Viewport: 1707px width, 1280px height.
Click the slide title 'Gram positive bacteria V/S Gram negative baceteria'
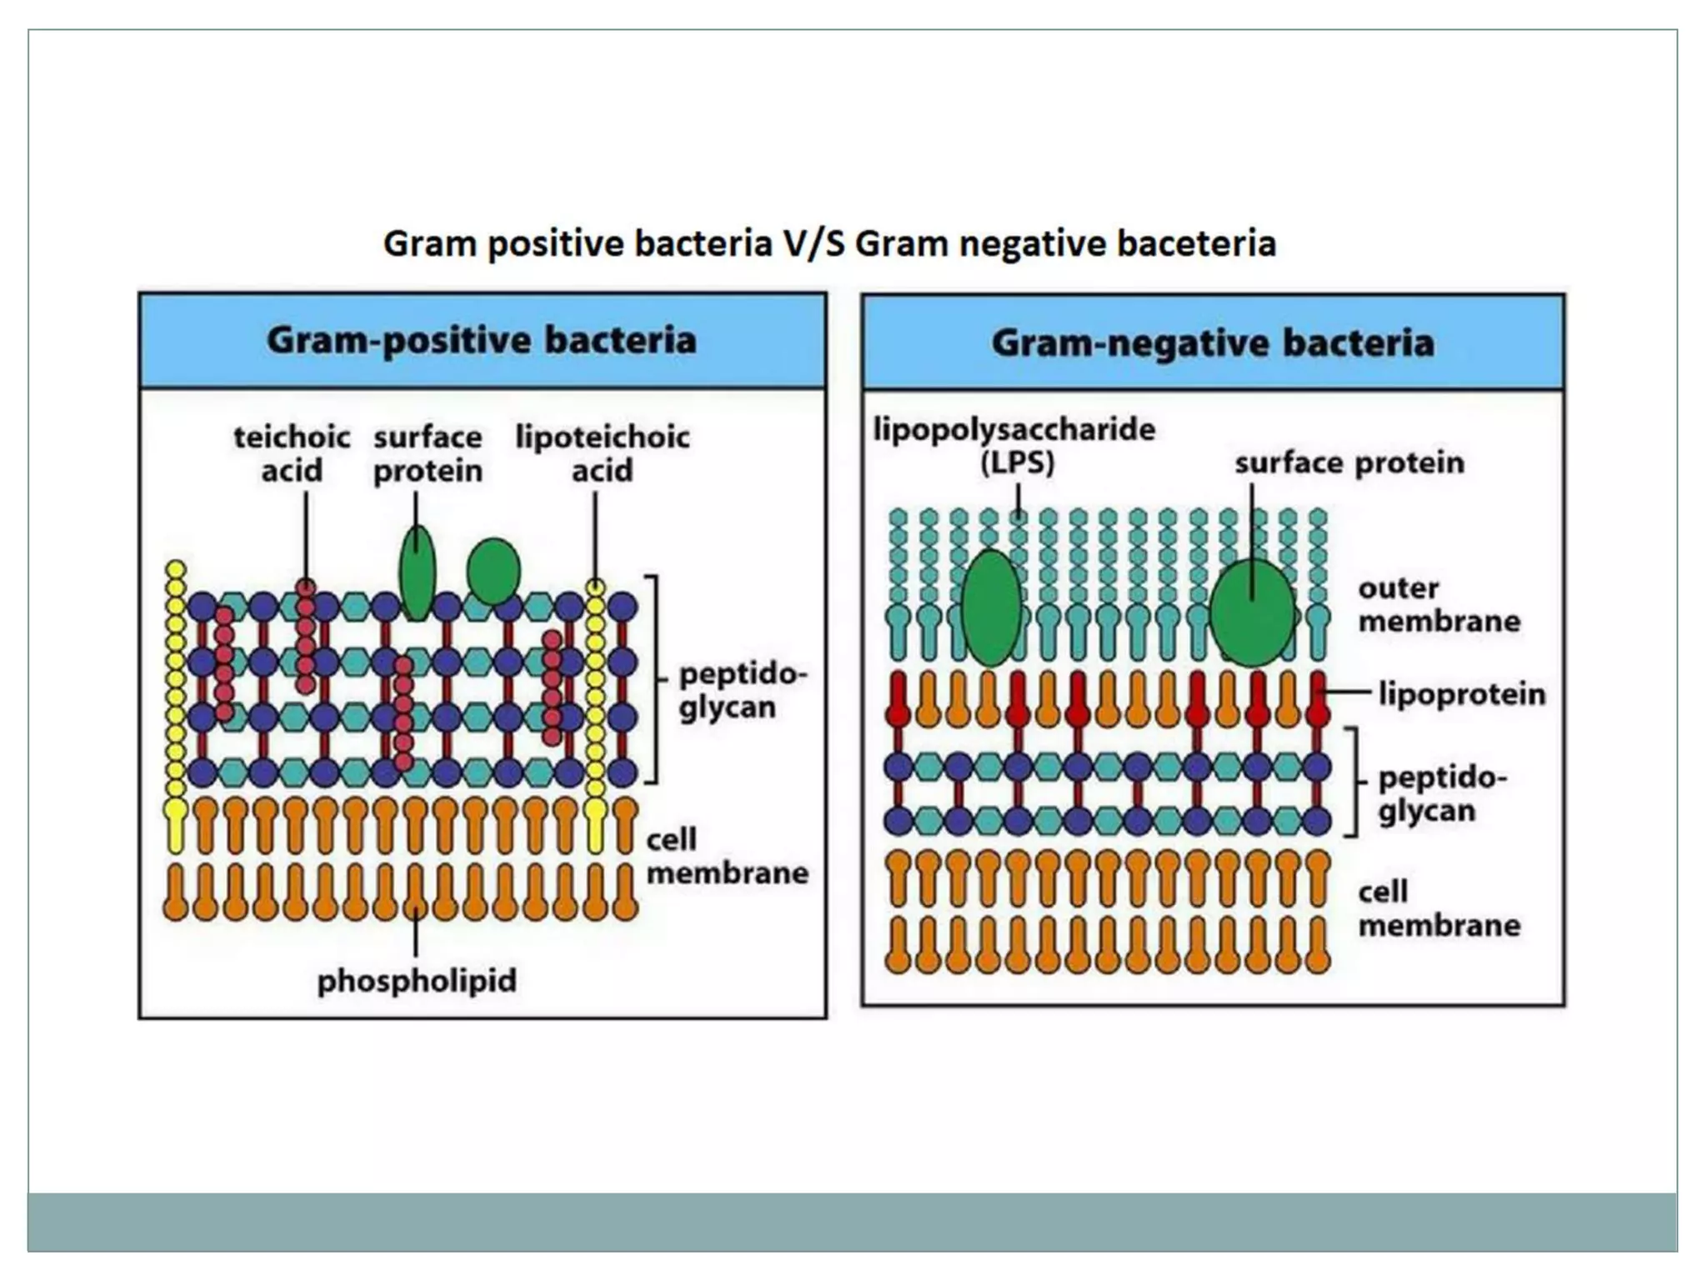click(829, 244)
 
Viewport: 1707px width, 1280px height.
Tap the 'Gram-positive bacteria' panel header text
click(481, 340)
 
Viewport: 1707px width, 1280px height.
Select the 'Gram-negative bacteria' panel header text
click(1213, 342)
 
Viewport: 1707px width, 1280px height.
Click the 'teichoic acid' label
click(292, 453)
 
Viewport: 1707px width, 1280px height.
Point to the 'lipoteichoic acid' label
click(602, 453)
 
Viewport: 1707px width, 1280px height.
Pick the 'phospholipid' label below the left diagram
click(417, 980)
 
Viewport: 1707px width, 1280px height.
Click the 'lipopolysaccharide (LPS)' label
click(1014, 445)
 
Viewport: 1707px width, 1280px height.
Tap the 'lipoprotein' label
click(1462, 693)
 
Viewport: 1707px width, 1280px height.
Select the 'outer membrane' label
click(1439, 604)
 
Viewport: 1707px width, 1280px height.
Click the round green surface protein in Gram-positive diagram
click(493, 571)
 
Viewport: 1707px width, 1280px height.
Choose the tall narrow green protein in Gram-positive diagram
click(417, 573)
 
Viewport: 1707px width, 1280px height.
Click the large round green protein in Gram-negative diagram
click(1252, 612)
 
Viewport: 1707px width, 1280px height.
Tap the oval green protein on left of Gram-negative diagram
click(991, 607)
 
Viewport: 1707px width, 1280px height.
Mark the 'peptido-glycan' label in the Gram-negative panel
click(1442, 793)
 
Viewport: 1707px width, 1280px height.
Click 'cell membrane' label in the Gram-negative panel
click(1439, 908)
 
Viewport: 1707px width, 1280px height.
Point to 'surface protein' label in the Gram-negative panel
click(1349, 462)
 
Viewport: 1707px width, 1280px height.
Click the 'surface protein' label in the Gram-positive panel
click(428, 453)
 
